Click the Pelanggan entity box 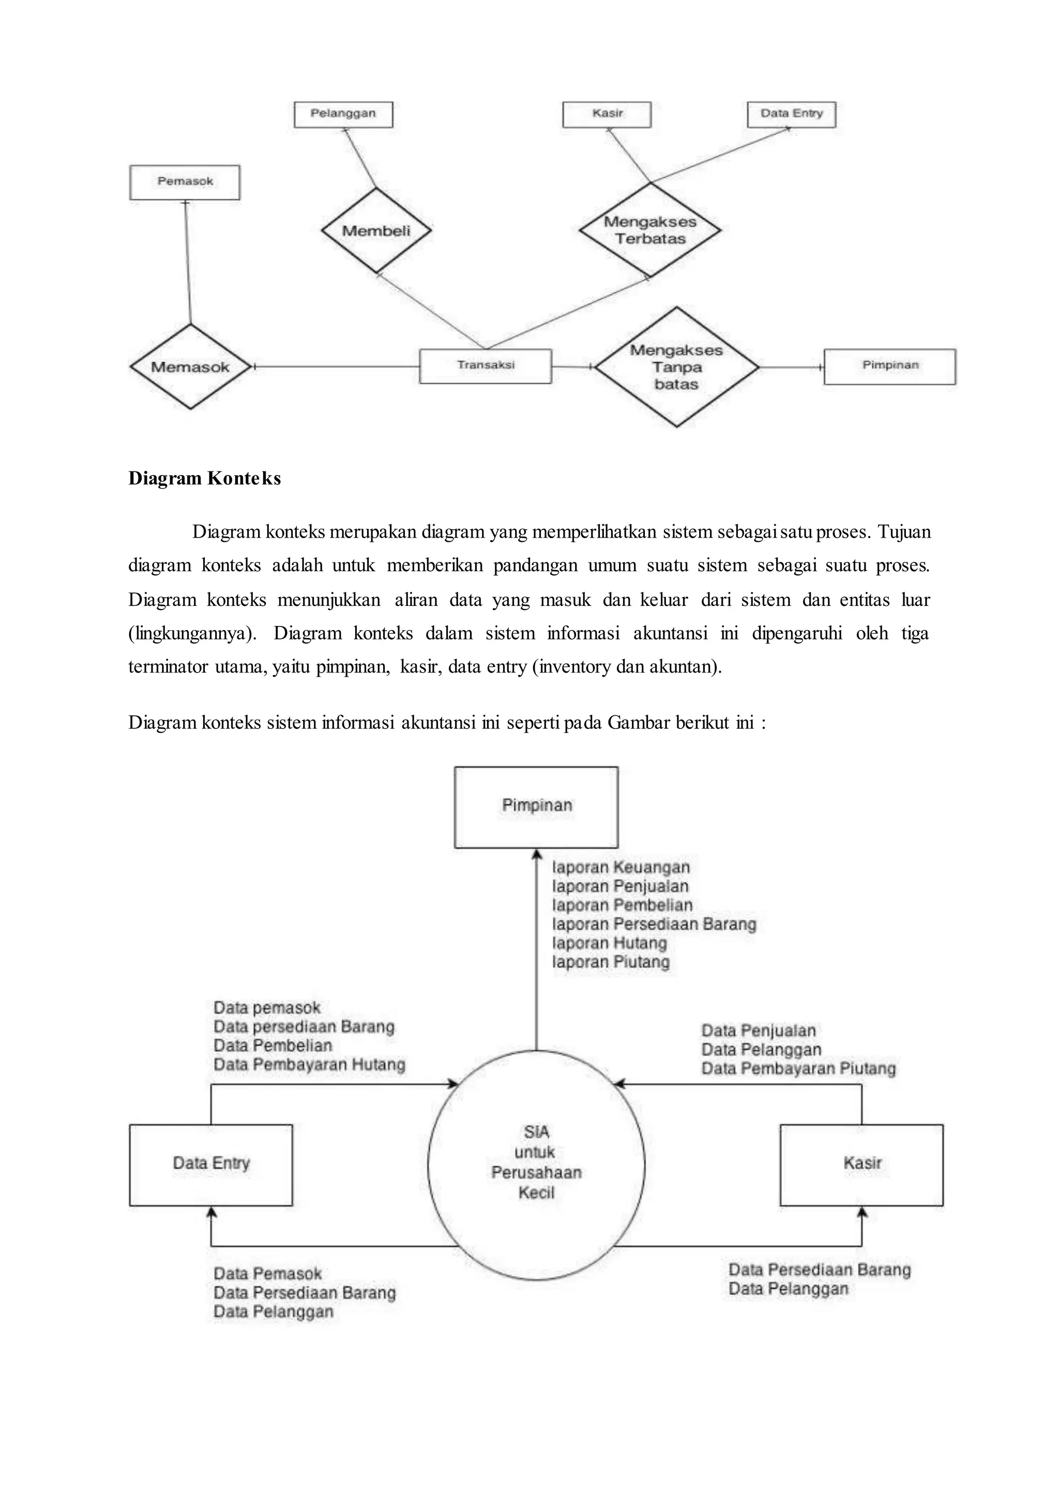[x=343, y=114]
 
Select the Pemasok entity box [x=185, y=182]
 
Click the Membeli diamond [x=376, y=231]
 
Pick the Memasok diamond [x=190, y=367]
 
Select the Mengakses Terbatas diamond [x=649, y=230]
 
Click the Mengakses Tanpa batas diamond [x=676, y=367]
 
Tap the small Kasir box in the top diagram [x=607, y=114]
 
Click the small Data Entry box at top [x=791, y=114]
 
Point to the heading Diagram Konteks [x=205, y=479]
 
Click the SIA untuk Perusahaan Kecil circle [x=536, y=1164]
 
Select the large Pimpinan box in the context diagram [x=536, y=806]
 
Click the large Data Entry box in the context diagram [x=210, y=1164]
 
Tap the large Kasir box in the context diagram [x=861, y=1164]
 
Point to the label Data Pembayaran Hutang [x=309, y=1065]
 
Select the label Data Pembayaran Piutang [x=798, y=1069]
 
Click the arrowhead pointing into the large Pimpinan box [x=536, y=854]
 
